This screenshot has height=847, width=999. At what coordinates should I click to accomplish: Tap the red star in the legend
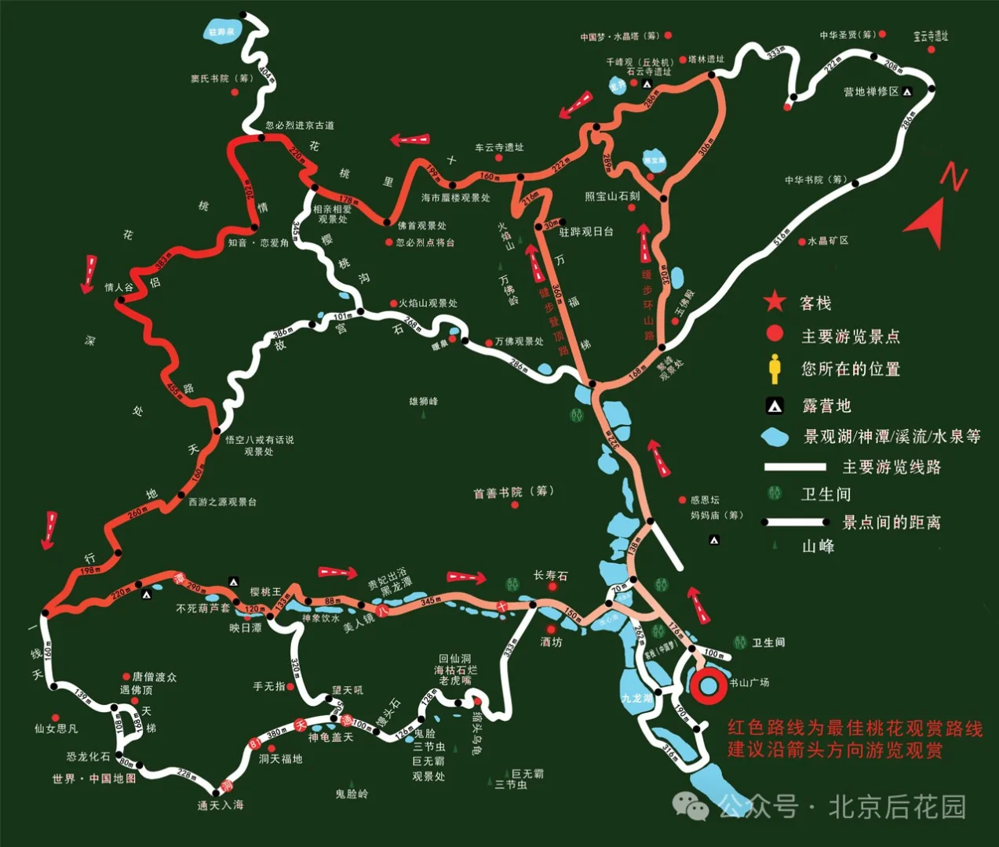pyautogui.click(x=775, y=302)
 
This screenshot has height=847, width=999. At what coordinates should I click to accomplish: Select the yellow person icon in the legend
pyautogui.click(x=775, y=369)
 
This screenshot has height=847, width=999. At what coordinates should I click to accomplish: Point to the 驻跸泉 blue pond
pyautogui.click(x=221, y=32)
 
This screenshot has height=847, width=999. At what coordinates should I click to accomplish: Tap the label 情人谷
pyautogui.click(x=119, y=288)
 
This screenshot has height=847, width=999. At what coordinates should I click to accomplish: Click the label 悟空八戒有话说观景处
pyautogui.click(x=259, y=445)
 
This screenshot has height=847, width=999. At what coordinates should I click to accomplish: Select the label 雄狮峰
pyautogui.click(x=424, y=402)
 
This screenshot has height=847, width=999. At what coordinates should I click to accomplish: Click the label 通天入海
pyautogui.click(x=221, y=805)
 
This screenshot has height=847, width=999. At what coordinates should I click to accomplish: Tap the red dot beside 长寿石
pyautogui.click(x=552, y=587)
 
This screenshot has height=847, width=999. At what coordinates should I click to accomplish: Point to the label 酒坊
pyautogui.click(x=552, y=642)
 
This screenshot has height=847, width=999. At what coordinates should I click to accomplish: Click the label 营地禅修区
pyautogui.click(x=871, y=92)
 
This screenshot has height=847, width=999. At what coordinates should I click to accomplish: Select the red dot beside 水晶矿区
pyautogui.click(x=802, y=242)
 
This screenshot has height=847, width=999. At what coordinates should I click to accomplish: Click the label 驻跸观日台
pyautogui.click(x=586, y=232)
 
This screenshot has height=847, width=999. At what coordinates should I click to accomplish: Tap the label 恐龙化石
pyautogui.click(x=89, y=757)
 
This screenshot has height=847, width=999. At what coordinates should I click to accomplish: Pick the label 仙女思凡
pyautogui.click(x=56, y=729)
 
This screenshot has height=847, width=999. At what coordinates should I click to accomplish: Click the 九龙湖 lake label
pyautogui.click(x=636, y=698)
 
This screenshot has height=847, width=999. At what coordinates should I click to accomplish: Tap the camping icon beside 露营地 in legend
pyautogui.click(x=775, y=405)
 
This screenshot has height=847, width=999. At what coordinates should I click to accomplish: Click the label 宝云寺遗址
pyautogui.click(x=931, y=36)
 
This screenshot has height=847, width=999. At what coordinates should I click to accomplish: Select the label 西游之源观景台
pyautogui.click(x=222, y=502)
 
